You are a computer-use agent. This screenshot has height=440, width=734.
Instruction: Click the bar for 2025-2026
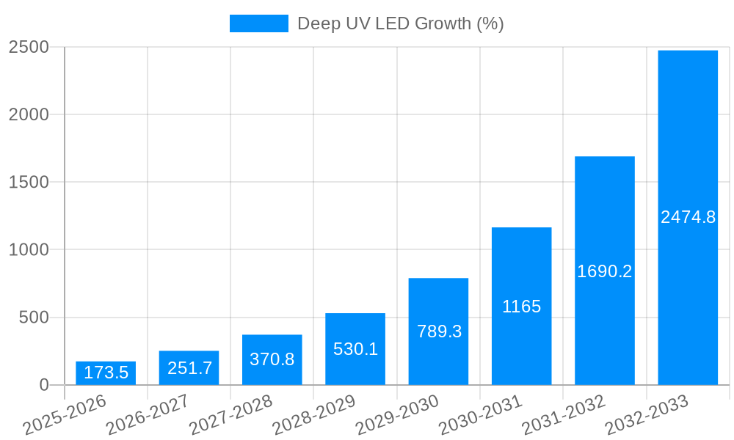(106, 373)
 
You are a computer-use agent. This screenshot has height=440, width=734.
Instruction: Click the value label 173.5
(106, 373)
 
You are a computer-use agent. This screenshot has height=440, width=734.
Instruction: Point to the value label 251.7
(189, 368)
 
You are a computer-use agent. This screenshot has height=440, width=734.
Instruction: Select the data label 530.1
(355, 349)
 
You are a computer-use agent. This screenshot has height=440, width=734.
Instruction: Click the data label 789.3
(439, 331)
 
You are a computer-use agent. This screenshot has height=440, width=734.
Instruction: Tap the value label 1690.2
(604, 271)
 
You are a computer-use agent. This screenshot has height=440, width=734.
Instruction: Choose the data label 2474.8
(688, 217)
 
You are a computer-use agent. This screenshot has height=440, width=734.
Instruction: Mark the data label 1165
(521, 307)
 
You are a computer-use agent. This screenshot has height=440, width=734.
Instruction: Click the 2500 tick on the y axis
(29, 48)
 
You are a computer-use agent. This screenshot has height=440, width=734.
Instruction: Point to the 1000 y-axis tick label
(29, 250)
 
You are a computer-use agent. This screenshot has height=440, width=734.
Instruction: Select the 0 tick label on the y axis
(43, 385)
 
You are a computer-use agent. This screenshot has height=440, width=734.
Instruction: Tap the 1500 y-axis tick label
(29, 183)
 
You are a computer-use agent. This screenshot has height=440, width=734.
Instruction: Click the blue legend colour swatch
(258, 23)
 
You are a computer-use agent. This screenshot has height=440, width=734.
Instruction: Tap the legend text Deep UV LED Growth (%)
(400, 23)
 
